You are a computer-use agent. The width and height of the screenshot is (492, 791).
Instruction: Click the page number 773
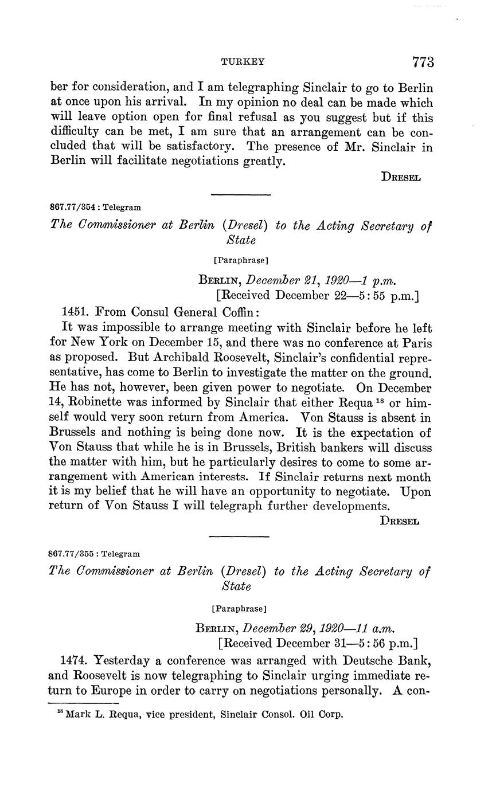coord(422,61)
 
